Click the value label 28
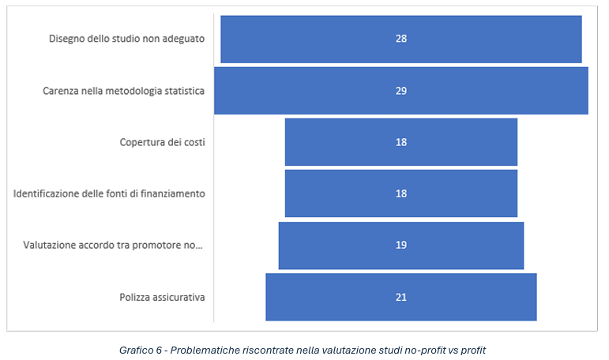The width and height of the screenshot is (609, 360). point(401,39)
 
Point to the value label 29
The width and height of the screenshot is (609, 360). point(401,91)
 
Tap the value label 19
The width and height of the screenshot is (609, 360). point(401,246)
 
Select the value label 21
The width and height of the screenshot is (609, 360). point(401,297)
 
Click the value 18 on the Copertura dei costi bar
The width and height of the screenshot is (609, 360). point(401,142)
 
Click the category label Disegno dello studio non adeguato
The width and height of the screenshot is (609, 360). point(126,39)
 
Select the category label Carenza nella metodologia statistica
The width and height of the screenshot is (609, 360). point(123,91)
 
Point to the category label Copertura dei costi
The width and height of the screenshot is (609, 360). point(162,142)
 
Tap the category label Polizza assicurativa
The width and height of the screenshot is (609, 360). point(162,297)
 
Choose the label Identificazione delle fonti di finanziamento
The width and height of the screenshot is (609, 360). point(109,193)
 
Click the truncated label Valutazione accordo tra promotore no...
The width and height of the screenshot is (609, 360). point(114,246)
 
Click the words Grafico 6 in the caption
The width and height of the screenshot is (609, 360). point(139,349)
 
